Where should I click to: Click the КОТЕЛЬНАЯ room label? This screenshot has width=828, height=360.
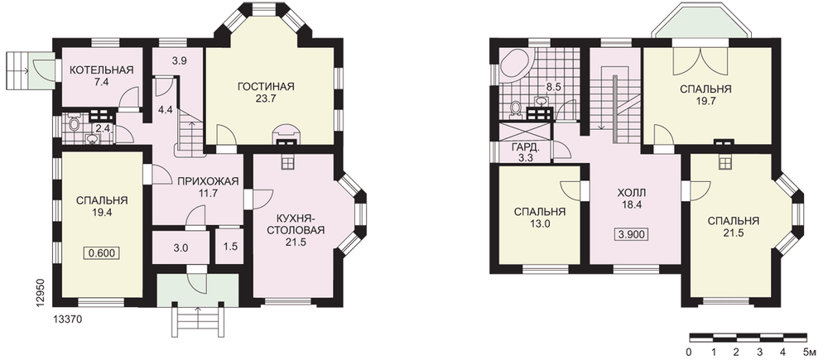[x=101, y=70]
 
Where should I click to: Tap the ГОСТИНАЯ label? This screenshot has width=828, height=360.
[x=265, y=87]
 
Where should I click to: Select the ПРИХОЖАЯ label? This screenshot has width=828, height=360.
[x=208, y=181]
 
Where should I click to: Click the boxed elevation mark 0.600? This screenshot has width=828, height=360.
[x=101, y=253]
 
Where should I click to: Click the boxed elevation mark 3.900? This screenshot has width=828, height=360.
[x=631, y=235]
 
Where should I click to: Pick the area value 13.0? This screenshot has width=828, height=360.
[x=540, y=223]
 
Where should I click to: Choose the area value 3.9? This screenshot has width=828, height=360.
[x=180, y=60]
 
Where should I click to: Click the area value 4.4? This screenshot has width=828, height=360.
[x=166, y=111]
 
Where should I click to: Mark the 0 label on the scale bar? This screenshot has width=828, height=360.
[x=689, y=352]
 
